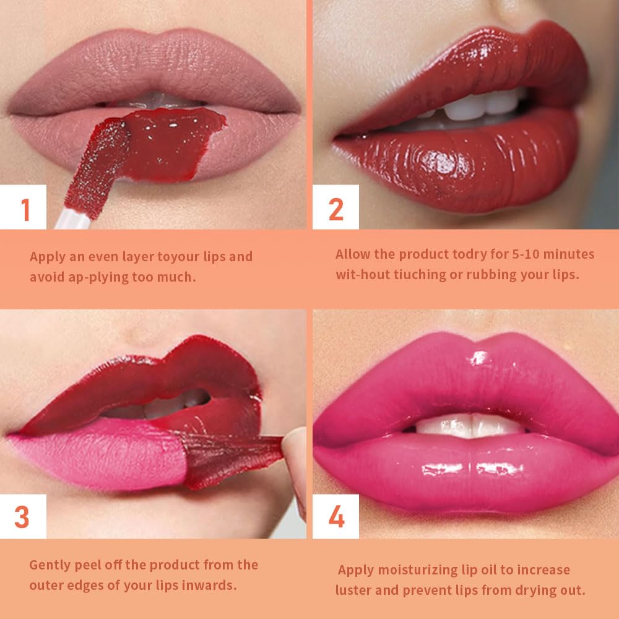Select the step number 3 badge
tap(22, 517)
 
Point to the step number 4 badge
tap(336, 517)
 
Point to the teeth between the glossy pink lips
tap(470, 425)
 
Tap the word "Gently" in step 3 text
tap(50, 565)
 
